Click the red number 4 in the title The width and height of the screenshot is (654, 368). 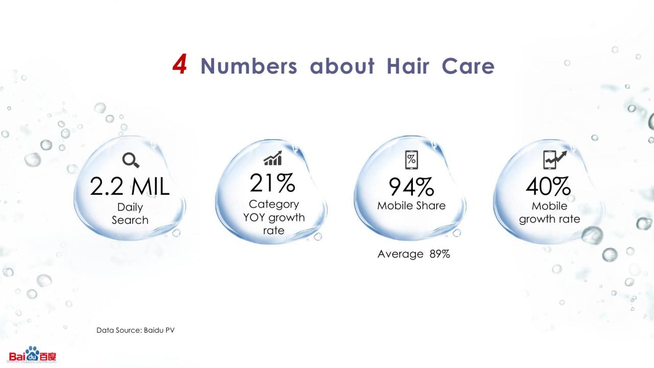tap(179, 64)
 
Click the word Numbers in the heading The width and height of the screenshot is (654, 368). tap(249, 66)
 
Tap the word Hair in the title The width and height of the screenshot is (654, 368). tap(408, 66)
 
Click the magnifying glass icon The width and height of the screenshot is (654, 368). tap(130, 160)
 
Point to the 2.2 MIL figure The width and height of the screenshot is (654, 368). tap(130, 187)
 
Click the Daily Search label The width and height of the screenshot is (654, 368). tap(130, 214)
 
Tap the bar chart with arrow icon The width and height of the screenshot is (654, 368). tap(273, 158)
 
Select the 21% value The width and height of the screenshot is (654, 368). tap(272, 183)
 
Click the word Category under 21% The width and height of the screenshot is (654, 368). tap(274, 204)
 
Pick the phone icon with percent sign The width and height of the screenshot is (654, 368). tap(411, 160)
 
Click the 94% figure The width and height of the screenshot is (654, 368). tap(411, 187)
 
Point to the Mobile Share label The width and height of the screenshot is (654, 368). tap(411, 205)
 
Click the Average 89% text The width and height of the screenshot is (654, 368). tap(414, 254)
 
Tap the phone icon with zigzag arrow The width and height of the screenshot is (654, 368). tap(555, 160)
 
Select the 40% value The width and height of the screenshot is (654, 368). tap(548, 187)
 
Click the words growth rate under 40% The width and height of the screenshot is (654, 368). tap(549, 219)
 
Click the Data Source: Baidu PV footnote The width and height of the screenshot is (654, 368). tap(135, 330)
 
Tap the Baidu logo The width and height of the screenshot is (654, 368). tap(32, 355)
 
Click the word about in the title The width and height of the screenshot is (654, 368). tap(342, 66)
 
